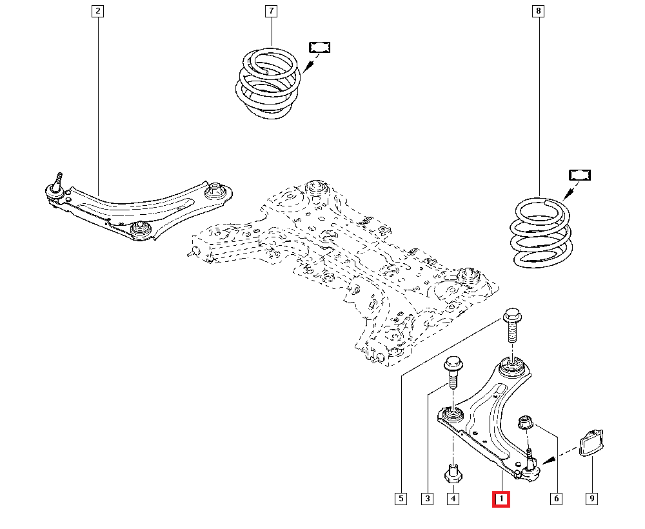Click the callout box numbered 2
tap(97, 11)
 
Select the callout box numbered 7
tap(270, 11)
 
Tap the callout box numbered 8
tap(537, 11)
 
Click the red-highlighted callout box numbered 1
tap(501, 499)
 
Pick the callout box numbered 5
tap(401, 499)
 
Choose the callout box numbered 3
tap(427, 499)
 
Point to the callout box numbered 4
tap(453, 499)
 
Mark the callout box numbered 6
tap(556, 499)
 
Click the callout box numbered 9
tap(591, 499)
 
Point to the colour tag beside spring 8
tap(580, 175)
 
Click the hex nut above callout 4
tap(453, 475)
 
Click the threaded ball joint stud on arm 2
tap(57, 179)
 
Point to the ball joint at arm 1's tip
tap(530, 470)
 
